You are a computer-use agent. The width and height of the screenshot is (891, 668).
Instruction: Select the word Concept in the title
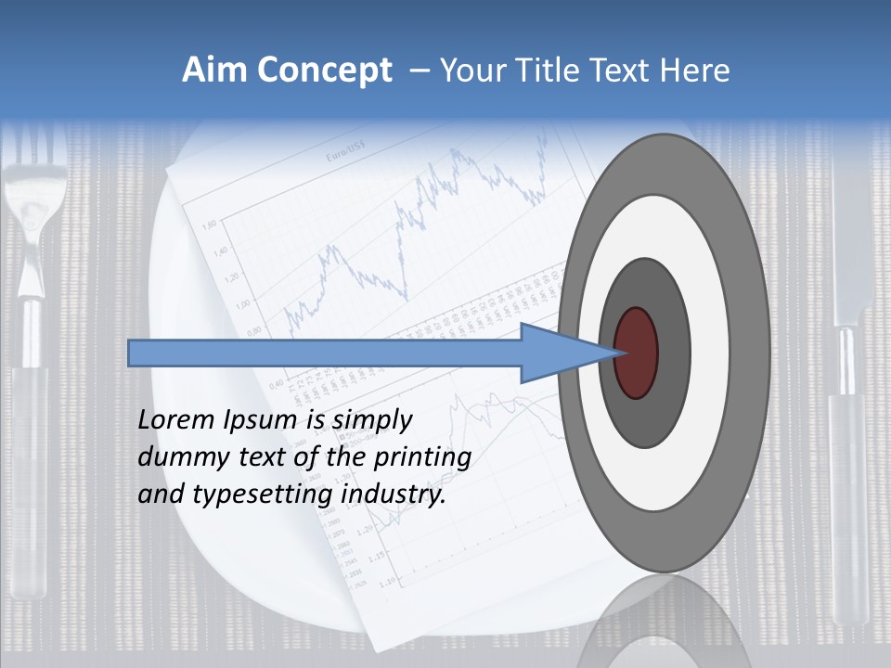tap(325, 71)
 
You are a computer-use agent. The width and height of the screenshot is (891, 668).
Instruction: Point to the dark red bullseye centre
tap(636, 353)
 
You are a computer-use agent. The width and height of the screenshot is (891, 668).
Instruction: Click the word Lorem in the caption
tap(177, 419)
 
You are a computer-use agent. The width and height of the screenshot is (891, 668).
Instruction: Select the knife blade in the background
tap(851, 250)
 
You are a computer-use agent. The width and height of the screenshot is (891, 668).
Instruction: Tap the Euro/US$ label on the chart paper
tap(344, 158)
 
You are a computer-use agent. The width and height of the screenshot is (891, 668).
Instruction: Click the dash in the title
tap(420, 71)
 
